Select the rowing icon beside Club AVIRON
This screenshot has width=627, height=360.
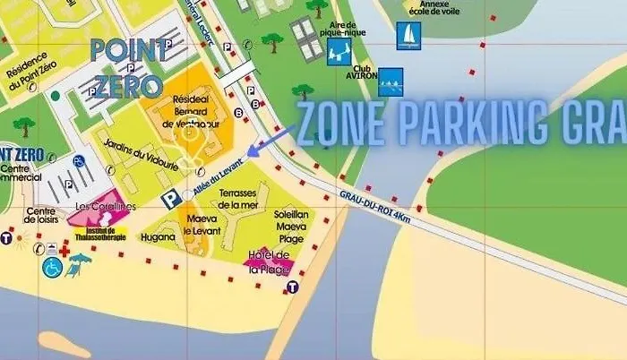(x=391, y=81)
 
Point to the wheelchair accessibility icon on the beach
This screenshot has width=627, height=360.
(x=51, y=266)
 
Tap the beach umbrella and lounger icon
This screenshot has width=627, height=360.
(x=81, y=263)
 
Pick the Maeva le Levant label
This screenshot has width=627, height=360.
(x=202, y=223)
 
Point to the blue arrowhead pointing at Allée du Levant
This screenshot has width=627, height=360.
(x=252, y=152)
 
